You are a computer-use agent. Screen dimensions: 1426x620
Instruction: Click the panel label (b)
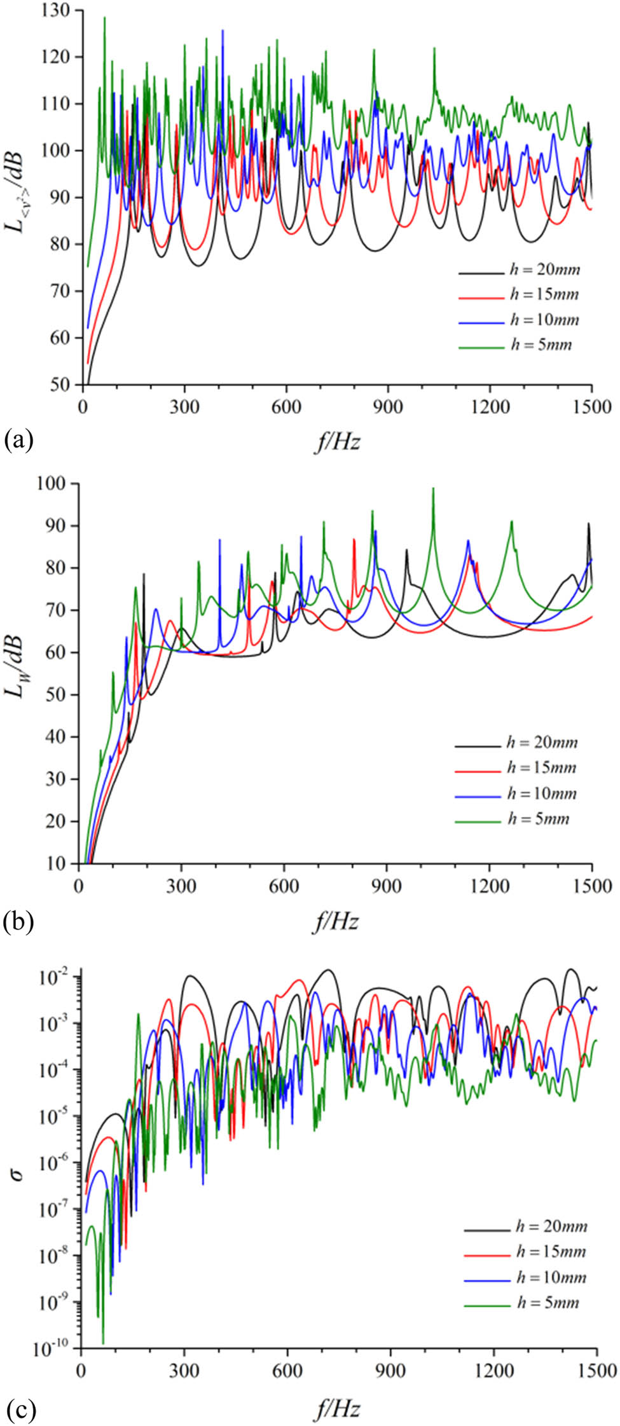17,922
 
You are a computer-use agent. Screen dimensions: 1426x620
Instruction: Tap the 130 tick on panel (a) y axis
59,11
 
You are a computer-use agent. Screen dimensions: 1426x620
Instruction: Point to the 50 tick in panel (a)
64,385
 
